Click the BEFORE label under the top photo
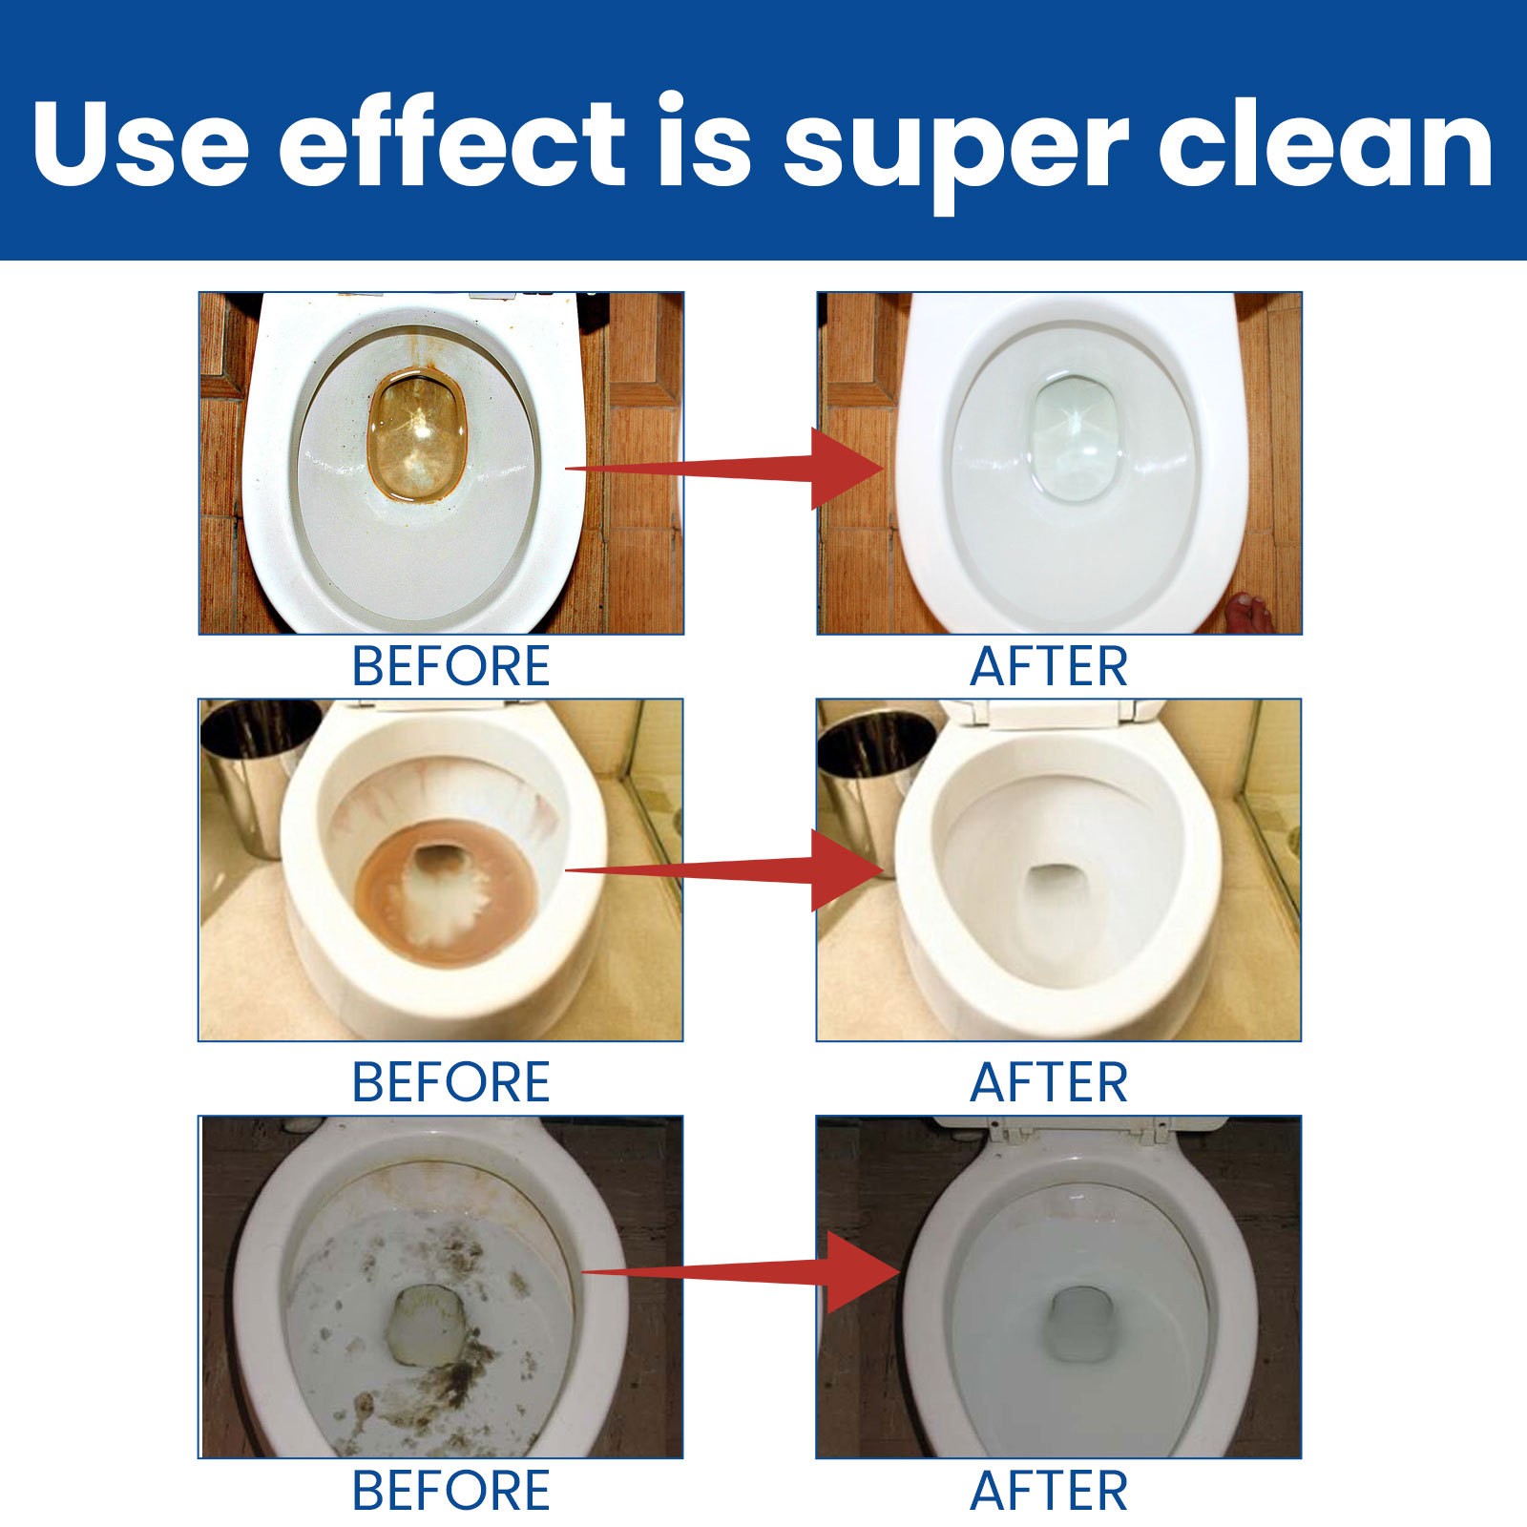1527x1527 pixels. tap(450, 666)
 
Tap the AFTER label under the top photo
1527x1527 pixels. tap(1049, 666)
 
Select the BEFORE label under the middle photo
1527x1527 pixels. tap(450, 1082)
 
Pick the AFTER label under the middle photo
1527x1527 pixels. tap(1049, 1082)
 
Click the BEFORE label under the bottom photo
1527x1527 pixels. tap(450, 1491)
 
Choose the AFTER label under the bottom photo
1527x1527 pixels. tap(1049, 1491)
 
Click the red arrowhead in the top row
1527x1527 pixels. tap(845, 468)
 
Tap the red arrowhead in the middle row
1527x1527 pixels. tap(845, 869)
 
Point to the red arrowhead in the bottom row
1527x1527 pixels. tap(859, 1272)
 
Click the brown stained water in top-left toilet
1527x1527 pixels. tap(417, 434)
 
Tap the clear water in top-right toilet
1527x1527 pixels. tap(1074, 434)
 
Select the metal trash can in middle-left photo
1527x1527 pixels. tap(250, 773)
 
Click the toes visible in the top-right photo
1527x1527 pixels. tap(1249, 611)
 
